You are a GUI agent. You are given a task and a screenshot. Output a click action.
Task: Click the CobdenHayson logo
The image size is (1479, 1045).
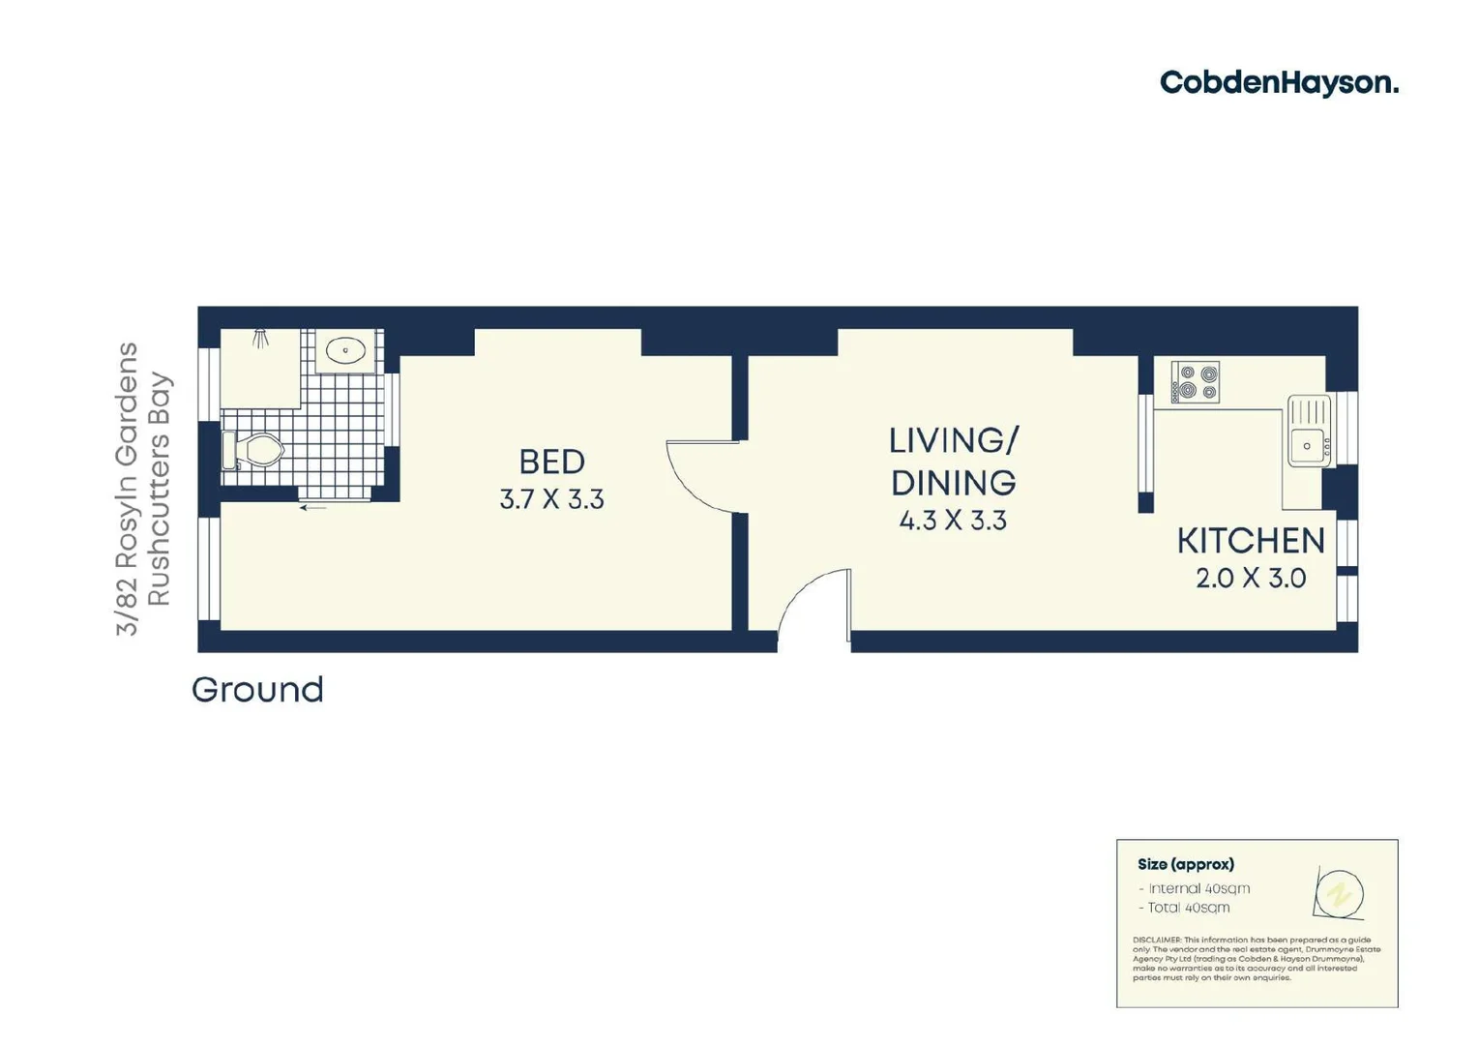pos(1279,83)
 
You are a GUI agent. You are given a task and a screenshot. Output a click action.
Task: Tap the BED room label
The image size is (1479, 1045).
pos(551,462)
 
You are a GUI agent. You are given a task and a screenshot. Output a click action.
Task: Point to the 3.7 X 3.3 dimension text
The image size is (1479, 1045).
pos(551,499)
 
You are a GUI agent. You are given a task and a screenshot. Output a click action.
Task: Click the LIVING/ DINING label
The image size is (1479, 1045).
pos(953,462)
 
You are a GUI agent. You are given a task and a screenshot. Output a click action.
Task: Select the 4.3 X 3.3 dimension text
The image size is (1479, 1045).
pos(953,521)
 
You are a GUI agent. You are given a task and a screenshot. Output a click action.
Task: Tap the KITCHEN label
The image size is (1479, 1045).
pos(1250,541)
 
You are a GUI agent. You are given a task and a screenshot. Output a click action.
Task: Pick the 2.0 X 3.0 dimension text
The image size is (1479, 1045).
pos(1250,579)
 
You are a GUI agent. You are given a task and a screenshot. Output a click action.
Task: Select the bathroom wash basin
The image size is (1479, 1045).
pos(345,350)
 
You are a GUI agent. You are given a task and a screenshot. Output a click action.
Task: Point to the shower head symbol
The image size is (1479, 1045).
pos(260,338)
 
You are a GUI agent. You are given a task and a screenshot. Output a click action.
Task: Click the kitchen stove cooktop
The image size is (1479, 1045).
pos(1195,381)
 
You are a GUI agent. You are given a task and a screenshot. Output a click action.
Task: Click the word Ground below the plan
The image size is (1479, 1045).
pos(257,690)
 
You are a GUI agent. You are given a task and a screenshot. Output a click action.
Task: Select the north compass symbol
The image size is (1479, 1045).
pos(1340,893)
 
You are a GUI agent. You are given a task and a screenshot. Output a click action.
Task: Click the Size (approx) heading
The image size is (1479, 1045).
pos(1185,864)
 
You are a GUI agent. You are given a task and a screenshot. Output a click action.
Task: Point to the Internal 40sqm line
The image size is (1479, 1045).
pos(1197,888)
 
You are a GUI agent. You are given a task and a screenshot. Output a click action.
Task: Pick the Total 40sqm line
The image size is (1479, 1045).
pos(1187,908)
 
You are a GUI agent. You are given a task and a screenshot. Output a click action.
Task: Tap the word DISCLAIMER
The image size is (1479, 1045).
pos(1157,940)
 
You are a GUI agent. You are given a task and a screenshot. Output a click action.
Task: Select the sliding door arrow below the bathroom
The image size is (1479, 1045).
pos(312,507)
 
